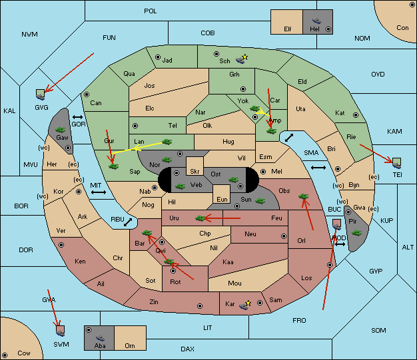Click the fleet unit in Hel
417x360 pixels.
pyautogui.click(x=316, y=21)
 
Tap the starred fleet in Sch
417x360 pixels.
pyautogui.click(x=242, y=59)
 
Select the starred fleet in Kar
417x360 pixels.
pyautogui.click(x=244, y=305)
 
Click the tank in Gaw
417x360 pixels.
pyautogui.click(x=60, y=130)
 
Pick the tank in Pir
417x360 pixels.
pyautogui.click(x=356, y=233)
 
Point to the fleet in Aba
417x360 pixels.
pyautogui.click(x=100, y=338)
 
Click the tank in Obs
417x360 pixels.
pyautogui.click(x=304, y=196)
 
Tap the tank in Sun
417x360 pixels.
pyautogui.click(x=260, y=201)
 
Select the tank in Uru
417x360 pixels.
pyautogui.click(x=201, y=218)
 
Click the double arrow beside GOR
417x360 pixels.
pyautogui.click(x=78, y=117)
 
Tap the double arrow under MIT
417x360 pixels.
pyautogui.click(x=99, y=192)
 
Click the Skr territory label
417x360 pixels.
pyautogui.click(x=195, y=172)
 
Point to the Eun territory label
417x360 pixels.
pyautogui.click(x=222, y=199)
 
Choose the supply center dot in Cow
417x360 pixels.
pyautogui.click(x=5, y=355)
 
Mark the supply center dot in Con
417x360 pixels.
pyautogui.click(x=412, y=5)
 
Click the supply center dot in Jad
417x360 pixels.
pyautogui.click(x=158, y=57)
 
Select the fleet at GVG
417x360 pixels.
pyautogui.click(x=41, y=95)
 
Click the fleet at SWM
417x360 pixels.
pyautogui.click(x=61, y=331)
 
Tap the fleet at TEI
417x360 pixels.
pyautogui.click(x=396, y=163)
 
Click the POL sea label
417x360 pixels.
pyautogui.click(x=151, y=11)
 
